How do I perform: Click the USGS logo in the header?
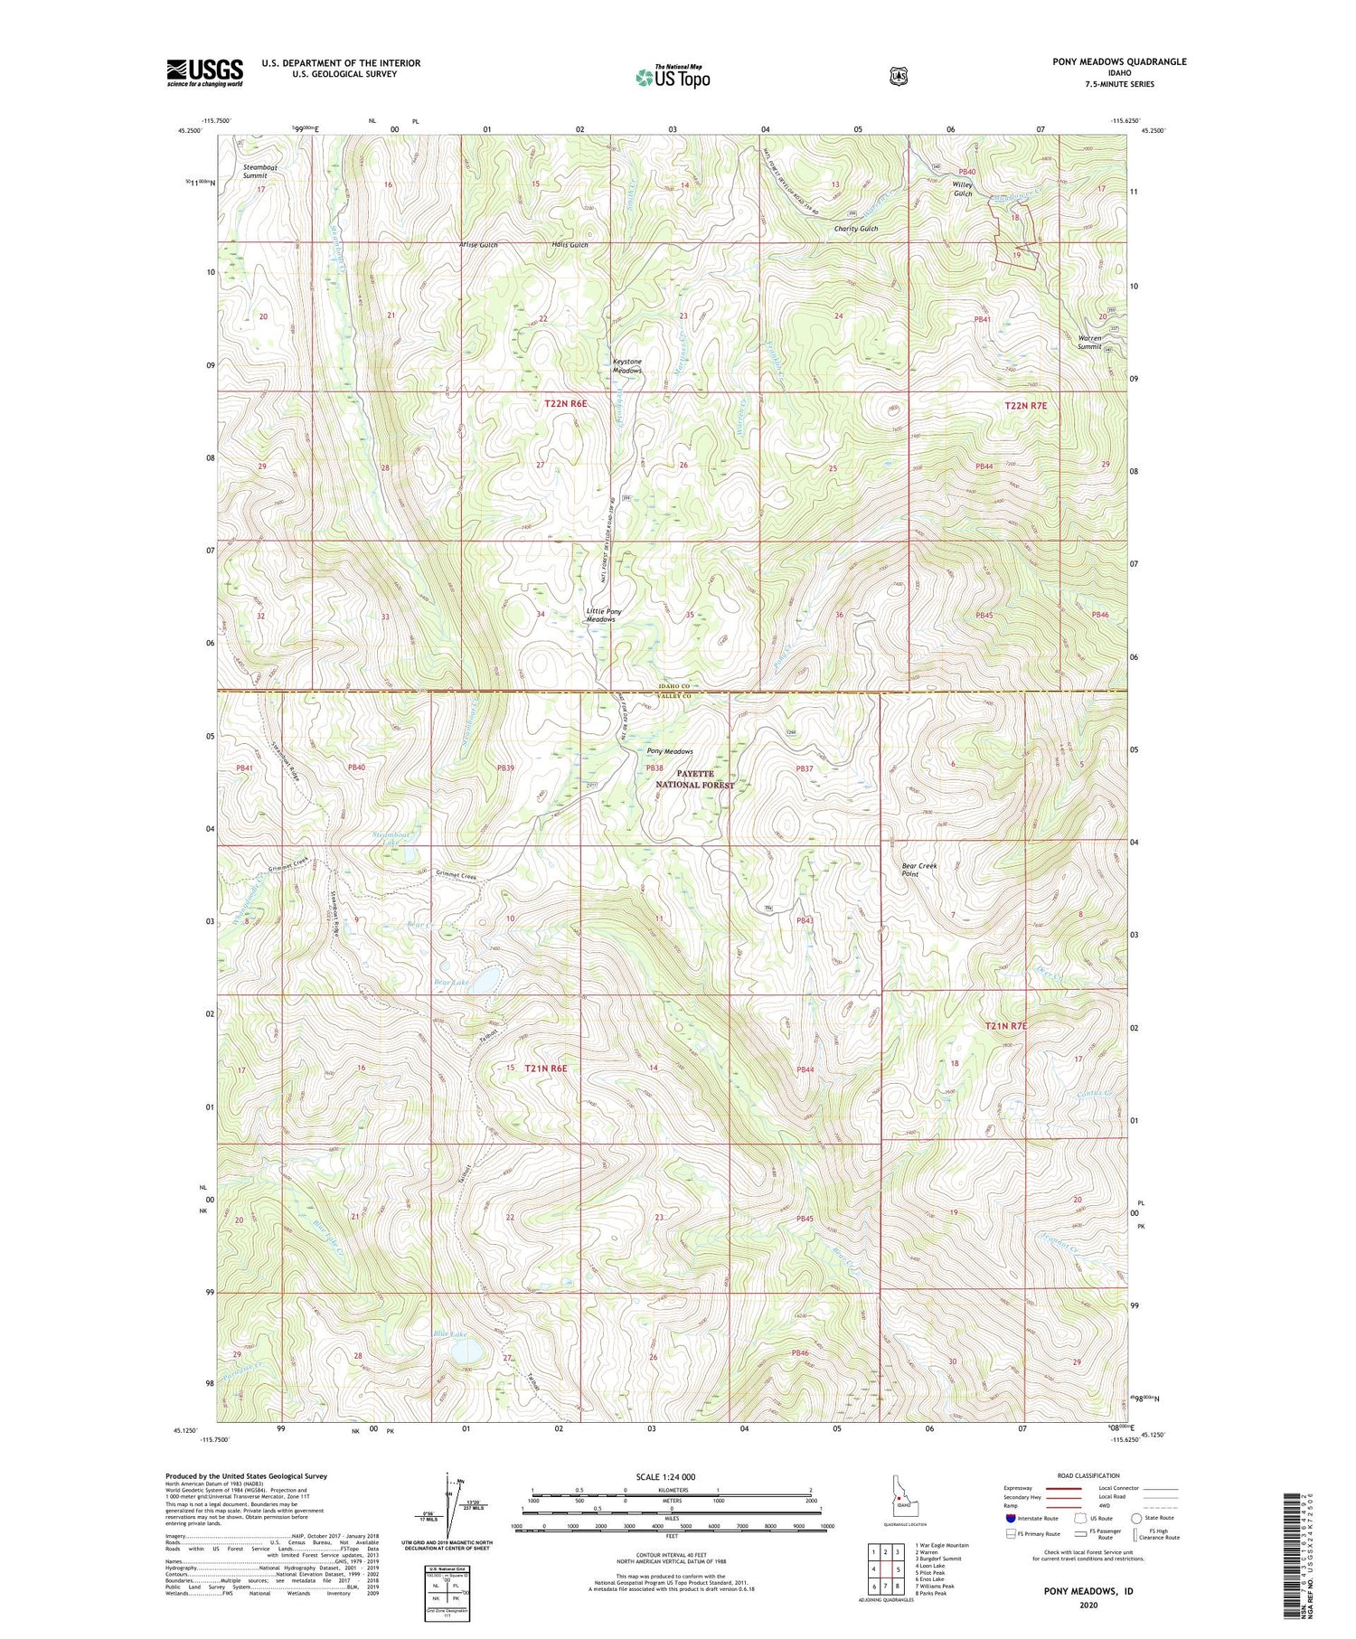click(204, 72)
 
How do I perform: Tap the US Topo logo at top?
click(673, 77)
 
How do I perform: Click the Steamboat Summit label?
click(260, 172)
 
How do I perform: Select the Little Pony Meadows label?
click(602, 615)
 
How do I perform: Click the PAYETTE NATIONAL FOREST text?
click(694, 779)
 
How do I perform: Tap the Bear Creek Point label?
click(919, 869)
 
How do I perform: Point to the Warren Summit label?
click(1089, 342)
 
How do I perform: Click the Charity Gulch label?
click(855, 229)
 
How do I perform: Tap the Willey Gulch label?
click(962, 189)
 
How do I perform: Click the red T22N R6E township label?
click(566, 404)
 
